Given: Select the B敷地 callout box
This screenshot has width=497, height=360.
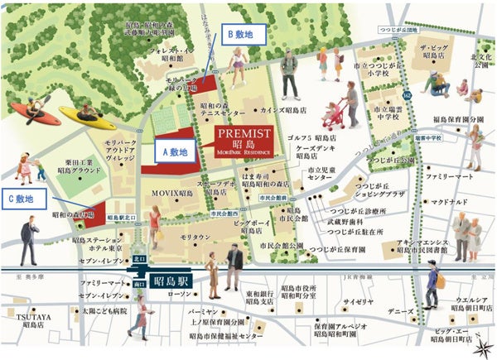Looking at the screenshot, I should [244, 34].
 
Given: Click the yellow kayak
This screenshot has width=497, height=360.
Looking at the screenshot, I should [86, 118].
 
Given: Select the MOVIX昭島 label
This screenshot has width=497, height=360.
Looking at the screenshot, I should [173, 194].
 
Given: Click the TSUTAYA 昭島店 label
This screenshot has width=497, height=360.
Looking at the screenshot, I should [31, 319].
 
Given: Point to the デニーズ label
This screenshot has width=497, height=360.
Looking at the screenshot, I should [402, 312].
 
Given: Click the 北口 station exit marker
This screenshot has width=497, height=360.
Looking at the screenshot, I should [138, 258].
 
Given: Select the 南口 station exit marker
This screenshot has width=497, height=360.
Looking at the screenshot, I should [138, 283].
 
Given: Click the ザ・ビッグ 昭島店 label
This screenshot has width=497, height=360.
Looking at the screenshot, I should [433, 54].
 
